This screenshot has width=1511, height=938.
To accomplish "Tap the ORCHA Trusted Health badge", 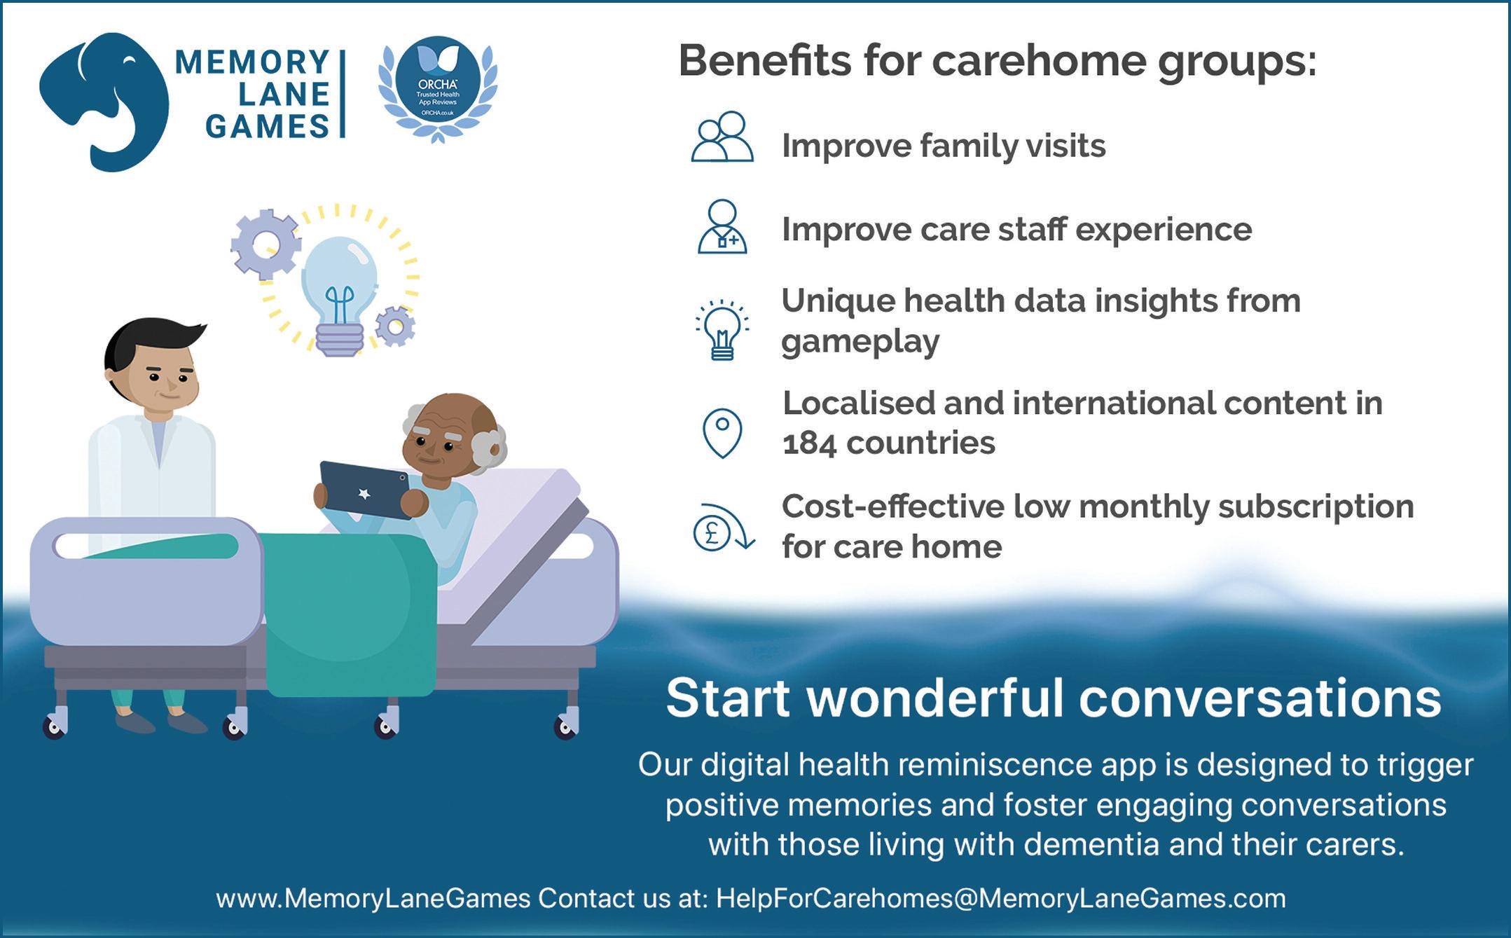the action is click(438, 88).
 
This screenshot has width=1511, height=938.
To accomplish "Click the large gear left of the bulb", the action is click(265, 244).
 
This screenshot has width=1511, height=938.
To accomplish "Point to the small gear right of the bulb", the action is click(395, 326).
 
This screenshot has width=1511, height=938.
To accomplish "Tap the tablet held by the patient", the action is click(364, 490).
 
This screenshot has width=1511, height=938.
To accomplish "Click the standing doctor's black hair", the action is click(151, 340).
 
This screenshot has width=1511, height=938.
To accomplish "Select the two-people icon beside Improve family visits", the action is click(722, 137).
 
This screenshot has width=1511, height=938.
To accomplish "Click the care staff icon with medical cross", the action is click(722, 227).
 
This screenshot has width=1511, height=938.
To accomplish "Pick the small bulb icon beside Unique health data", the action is click(722, 330).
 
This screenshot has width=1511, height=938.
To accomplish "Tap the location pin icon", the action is click(722, 433).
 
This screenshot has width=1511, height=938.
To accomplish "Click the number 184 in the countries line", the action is click(809, 443).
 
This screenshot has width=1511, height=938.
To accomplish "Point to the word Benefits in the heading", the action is click(765, 60).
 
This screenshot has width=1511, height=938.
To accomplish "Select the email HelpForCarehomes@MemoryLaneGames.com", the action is click(1001, 898).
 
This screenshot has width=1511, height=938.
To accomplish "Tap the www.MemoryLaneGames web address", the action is click(373, 898).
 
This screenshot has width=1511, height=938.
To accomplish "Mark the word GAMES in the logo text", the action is click(268, 127).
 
